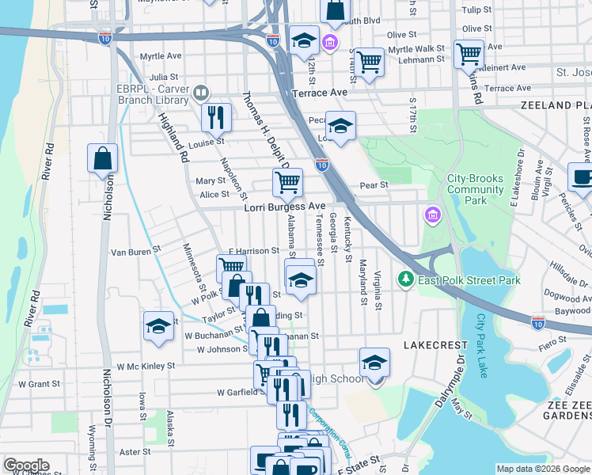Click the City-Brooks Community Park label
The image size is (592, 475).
[475, 190]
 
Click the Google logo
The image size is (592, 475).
[26, 465]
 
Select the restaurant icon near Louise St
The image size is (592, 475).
[215, 117]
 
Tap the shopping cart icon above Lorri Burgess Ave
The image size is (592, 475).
[287, 182]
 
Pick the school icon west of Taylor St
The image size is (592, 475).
[158, 325]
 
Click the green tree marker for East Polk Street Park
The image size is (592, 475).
[406, 279]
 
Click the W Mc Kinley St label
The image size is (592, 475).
[146, 367]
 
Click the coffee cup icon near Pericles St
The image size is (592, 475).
[583, 177]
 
